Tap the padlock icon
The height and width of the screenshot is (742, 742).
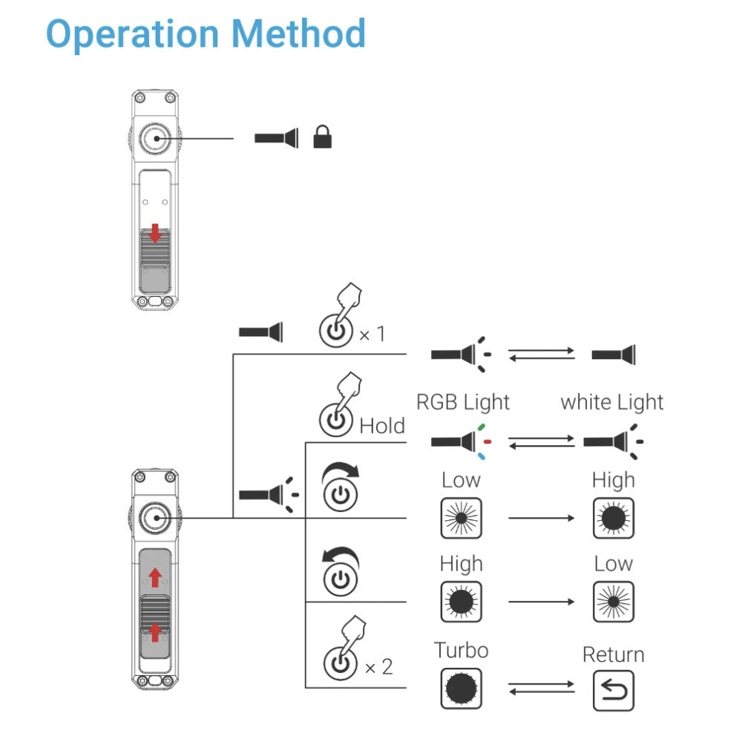tap(322, 137)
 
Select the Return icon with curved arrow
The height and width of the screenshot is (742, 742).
tap(613, 690)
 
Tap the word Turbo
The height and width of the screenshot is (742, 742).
tap(461, 651)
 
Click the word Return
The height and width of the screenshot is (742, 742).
tap(613, 654)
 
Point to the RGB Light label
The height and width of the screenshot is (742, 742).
tap(463, 402)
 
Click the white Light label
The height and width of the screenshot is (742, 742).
tap(611, 402)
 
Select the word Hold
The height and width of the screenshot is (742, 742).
tap(382, 426)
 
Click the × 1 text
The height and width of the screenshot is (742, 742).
tap(372, 335)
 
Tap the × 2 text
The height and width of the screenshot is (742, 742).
tap(378, 667)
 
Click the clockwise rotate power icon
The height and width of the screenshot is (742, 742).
tap(340, 487)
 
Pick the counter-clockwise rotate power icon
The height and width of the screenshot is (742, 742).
tap(339, 572)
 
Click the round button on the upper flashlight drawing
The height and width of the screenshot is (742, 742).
tap(154, 138)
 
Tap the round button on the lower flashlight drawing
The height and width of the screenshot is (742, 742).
tap(154, 517)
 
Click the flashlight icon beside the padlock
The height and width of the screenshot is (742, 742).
tap(276, 137)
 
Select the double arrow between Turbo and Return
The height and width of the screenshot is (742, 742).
tap(541, 689)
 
